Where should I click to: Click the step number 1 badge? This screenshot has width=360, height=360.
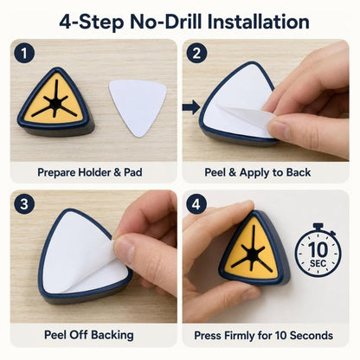[x=24, y=54]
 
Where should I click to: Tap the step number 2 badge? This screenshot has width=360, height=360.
[x=196, y=53]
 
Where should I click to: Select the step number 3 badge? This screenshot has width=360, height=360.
[x=24, y=204]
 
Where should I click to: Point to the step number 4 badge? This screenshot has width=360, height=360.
[x=196, y=204]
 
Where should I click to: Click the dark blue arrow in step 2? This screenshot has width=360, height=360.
[x=191, y=107]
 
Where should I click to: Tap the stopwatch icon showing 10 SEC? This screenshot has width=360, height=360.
[x=318, y=250]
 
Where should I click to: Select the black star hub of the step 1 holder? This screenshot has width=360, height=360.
[x=55, y=102]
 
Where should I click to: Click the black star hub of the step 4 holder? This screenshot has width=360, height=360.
[x=253, y=254]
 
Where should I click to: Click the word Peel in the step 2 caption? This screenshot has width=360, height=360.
[x=215, y=172]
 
